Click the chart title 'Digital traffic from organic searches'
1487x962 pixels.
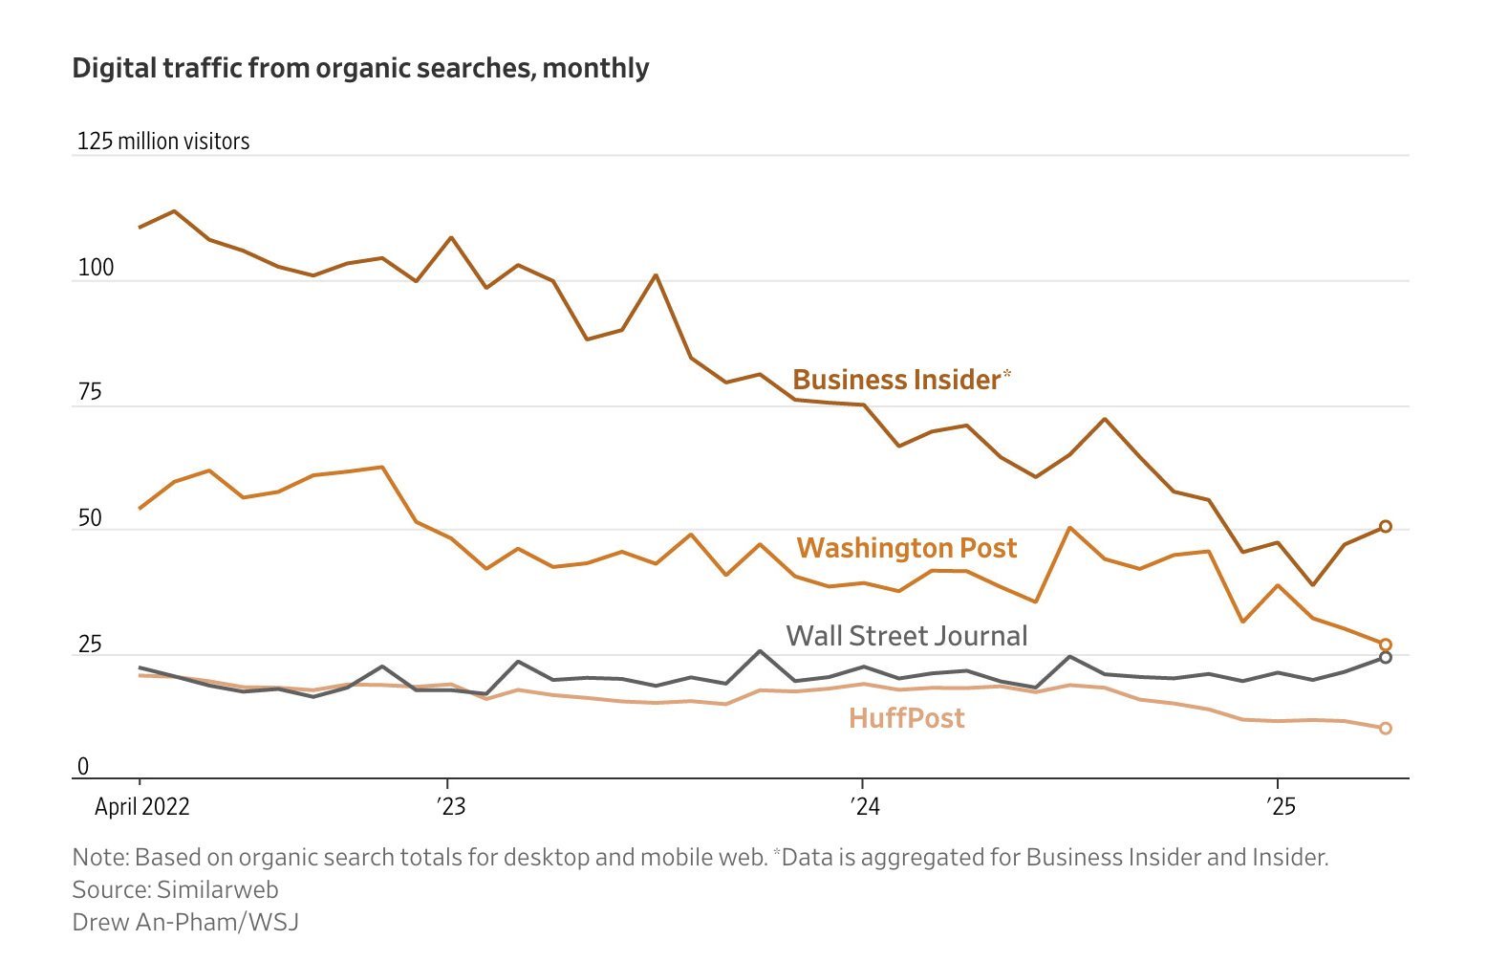point(360,69)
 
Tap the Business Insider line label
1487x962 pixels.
point(896,380)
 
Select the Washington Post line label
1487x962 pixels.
point(906,548)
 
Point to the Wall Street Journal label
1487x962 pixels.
point(906,636)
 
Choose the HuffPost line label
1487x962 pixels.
point(906,718)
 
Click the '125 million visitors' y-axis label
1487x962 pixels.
point(163,142)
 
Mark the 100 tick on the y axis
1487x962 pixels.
point(96,268)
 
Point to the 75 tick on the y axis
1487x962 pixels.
point(90,392)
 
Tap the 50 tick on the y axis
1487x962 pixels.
point(90,518)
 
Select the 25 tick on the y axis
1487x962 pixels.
point(90,645)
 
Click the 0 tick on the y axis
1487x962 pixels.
point(83,766)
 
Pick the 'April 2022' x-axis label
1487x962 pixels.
point(141,806)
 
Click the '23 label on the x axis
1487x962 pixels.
point(451,806)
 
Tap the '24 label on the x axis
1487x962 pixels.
point(865,806)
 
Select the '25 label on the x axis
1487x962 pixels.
point(1281,806)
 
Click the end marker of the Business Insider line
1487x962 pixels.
point(1386,527)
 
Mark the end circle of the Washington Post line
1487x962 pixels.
point(1386,645)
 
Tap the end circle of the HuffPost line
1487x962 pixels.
point(1386,729)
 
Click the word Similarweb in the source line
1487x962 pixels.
point(217,889)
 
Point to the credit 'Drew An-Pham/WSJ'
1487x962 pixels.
point(185,922)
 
